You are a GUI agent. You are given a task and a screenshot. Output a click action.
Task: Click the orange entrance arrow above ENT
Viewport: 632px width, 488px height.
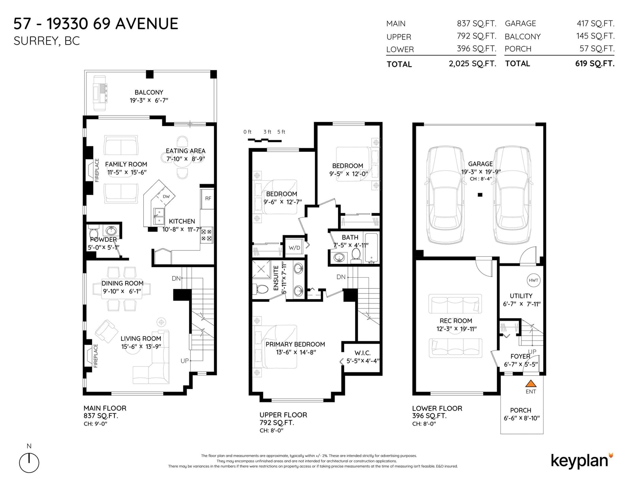[530, 383]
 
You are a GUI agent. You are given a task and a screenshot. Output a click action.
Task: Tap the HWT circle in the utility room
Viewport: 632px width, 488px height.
[533, 280]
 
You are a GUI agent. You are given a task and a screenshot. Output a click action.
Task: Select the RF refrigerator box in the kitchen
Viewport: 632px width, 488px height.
[208, 199]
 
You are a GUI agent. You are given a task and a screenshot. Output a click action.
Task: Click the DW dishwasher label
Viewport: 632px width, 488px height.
[166, 196]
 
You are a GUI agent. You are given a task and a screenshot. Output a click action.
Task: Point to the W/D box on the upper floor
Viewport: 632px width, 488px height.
[294, 247]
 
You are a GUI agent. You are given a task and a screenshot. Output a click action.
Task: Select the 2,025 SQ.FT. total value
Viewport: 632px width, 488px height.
[472, 64]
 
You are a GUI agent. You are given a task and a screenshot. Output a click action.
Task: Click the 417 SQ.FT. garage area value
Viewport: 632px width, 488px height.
[596, 24]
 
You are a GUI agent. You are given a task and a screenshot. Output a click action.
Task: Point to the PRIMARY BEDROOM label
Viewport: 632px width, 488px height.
[295, 344]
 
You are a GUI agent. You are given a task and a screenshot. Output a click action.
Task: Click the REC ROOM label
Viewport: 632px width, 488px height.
[456, 321]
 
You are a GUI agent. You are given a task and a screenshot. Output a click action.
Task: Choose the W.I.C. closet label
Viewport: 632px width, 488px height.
[362, 353]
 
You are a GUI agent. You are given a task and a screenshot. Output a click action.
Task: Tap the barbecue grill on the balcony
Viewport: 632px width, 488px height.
[100, 93]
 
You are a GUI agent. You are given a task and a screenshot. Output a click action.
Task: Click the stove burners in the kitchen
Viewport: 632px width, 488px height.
[207, 235]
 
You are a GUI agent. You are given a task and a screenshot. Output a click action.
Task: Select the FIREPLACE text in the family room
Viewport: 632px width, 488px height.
[97, 170]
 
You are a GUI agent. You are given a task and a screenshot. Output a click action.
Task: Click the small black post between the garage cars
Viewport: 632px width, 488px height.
[480, 194]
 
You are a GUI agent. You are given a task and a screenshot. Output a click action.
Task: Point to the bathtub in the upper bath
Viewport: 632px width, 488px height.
[371, 248]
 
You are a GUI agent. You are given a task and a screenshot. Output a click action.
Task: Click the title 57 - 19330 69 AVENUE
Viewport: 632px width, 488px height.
[96, 24]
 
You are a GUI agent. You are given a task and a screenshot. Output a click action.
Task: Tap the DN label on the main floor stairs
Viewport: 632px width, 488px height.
[176, 278]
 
